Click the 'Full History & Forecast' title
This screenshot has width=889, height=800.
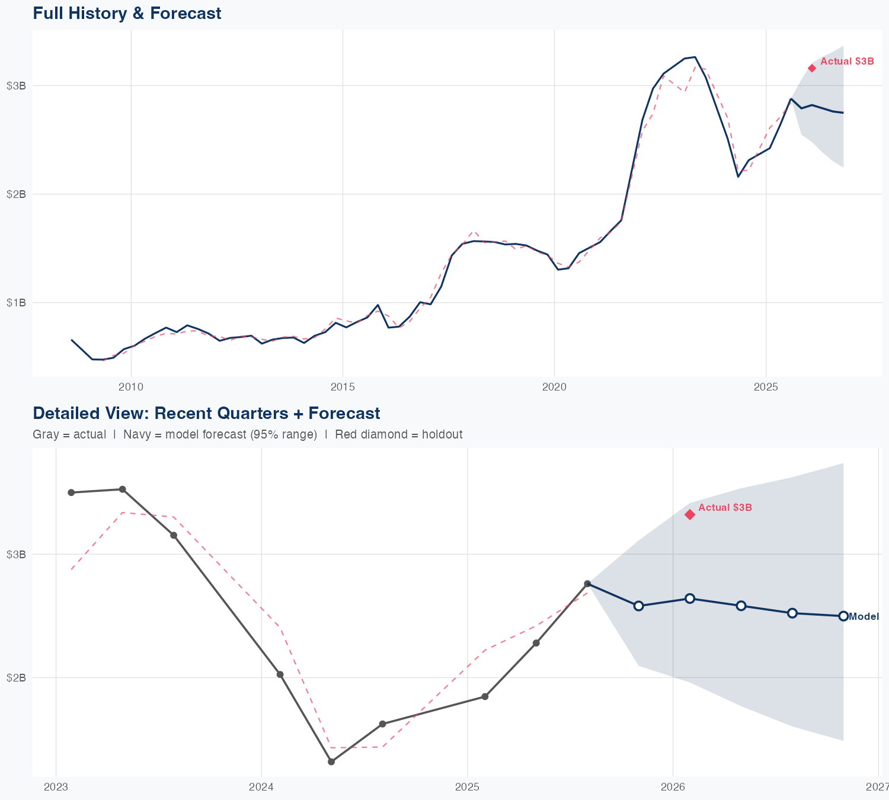tap(127, 13)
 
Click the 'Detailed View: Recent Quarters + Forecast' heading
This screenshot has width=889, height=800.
tap(206, 413)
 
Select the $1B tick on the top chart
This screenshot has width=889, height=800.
tap(16, 303)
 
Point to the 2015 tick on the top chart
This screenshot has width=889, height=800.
tap(343, 387)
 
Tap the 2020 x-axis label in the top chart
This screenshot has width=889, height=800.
tap(554, 387)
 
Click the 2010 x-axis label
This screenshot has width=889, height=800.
tap(131, 387)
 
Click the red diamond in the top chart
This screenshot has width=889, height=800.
tap(812, 68)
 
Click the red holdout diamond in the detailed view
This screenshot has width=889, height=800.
tap(690, 514)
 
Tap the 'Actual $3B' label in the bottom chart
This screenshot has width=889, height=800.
tap(725, 508)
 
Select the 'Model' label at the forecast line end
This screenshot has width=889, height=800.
tap(864, 617)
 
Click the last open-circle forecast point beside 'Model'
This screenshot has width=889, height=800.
tap(843, 616)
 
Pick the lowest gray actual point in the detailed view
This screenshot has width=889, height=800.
tap(331, 761)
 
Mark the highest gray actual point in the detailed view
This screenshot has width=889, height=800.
tap(122, 489)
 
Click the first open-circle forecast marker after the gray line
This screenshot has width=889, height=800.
tap(638, 606)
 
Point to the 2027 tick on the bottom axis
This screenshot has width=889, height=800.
tap(878, 787)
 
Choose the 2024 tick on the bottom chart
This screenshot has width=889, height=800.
tap(261, 787)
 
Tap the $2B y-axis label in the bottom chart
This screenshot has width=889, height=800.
tap(16, 677)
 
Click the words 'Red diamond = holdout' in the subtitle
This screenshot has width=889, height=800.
tap(398, 435)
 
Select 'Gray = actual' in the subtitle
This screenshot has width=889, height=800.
tap(69, 435)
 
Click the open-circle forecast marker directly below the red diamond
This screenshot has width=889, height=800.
tap(690, 599)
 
